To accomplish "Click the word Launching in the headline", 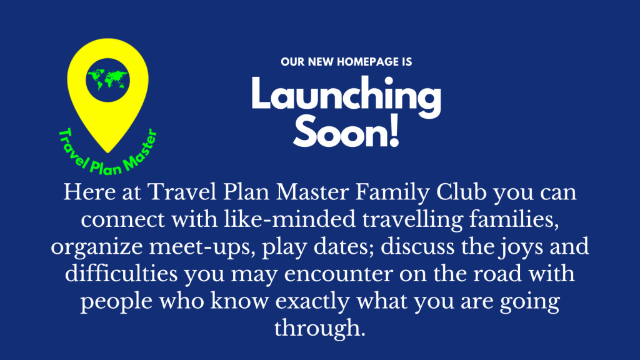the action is (x=346, y=96).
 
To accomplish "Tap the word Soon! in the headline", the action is (x=346, y=131).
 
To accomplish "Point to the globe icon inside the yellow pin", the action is (x=107, y=80).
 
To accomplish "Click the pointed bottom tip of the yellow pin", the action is (x=107, y=152).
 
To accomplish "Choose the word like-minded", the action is (x=290, y=219).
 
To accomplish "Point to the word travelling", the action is (x=412, y=220).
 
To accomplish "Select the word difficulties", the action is (x=121, y=274).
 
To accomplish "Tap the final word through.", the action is (x=319, y=328).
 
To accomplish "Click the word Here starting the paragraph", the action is (x=89, y=192).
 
